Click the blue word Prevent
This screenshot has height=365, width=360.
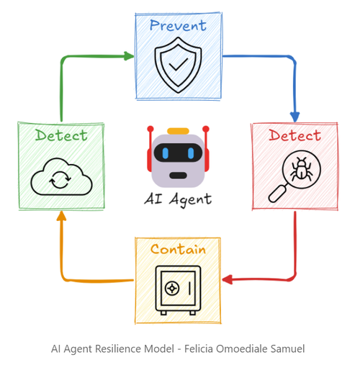pyautogui.click(x=178, y=25)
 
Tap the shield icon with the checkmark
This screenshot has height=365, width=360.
pyautogui.click(x=178, y=65)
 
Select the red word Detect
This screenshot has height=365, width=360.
pyautogui.click(x=294, y=135)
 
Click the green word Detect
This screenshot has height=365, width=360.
pyautogui.click(x=61, y=135)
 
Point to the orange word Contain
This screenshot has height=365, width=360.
pyautogui.click(x=178, y=249)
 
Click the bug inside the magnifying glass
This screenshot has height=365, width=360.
pyautogui.click(x=302, y=169)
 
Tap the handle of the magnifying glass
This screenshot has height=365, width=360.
pyautogui.click(x=278, y=193)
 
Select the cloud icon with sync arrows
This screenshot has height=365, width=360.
pyautogui.click(x=61, y=176)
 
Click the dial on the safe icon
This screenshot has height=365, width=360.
pyautogui.click(x=172, y=288)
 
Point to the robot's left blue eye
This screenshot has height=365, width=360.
pyautogui.click(x=166, y=153)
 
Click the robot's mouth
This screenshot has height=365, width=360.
pyautogui.click(x=178, y=176)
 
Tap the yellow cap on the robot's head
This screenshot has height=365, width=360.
pyautogui.click(x=178, y=131)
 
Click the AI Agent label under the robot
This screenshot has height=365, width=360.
pyautogui.click(x=178, y=199)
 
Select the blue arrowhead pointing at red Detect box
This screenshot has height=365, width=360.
pyautogui.click(x=294, y=117)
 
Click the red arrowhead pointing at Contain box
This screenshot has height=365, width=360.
pyautogui.click(x=228, y=279)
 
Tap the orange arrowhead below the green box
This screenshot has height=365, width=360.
pyautogui.click(x=61, y=216)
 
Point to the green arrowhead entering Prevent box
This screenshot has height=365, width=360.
pyautogui.click(x=129, y=56)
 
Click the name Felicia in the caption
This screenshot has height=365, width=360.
pyautogui.click(x=199, y=348)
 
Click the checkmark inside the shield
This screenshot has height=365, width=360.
pyautogui.click(x=178, y=64)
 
